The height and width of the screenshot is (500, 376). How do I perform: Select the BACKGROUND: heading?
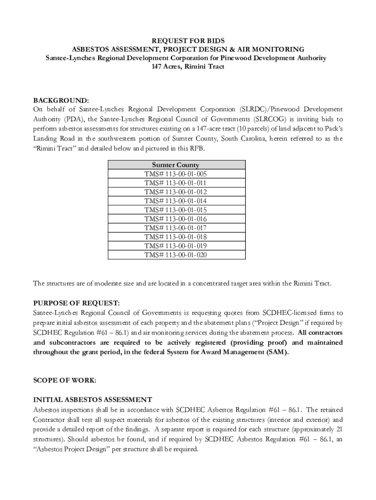click(61, 100)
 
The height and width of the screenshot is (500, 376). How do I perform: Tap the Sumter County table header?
click(175, 165)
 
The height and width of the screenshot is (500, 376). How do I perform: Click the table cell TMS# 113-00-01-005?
click(175, 174)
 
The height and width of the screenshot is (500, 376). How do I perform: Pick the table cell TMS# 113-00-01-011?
click(175, 183)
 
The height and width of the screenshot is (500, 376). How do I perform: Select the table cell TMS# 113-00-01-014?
click(175, 201)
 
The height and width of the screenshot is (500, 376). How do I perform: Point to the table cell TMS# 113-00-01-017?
click(175, 228)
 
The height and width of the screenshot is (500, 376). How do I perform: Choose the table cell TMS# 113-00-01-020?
click(175, 254)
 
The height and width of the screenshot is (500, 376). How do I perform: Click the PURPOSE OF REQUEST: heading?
click(76, 303)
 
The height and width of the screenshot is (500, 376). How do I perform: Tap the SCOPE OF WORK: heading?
click(64, 379)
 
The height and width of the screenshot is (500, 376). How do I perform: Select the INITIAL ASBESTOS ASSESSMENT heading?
click(92, 399)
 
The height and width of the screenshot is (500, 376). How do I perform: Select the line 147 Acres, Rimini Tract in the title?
click(188, 67)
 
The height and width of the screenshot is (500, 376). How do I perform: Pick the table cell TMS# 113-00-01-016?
click(175, 219)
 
